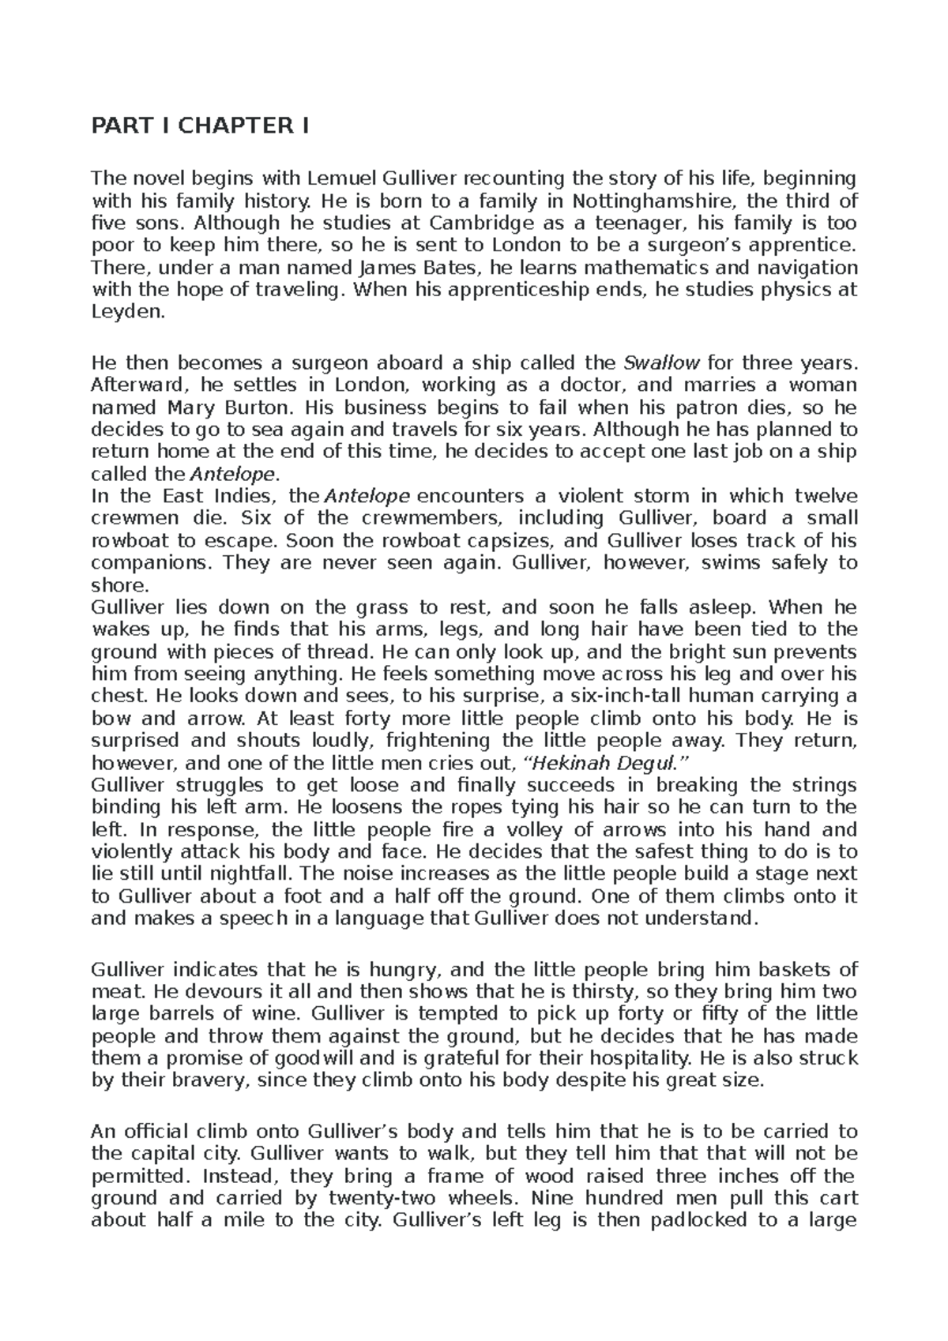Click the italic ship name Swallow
pyautogui.click(x=661, y=363)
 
